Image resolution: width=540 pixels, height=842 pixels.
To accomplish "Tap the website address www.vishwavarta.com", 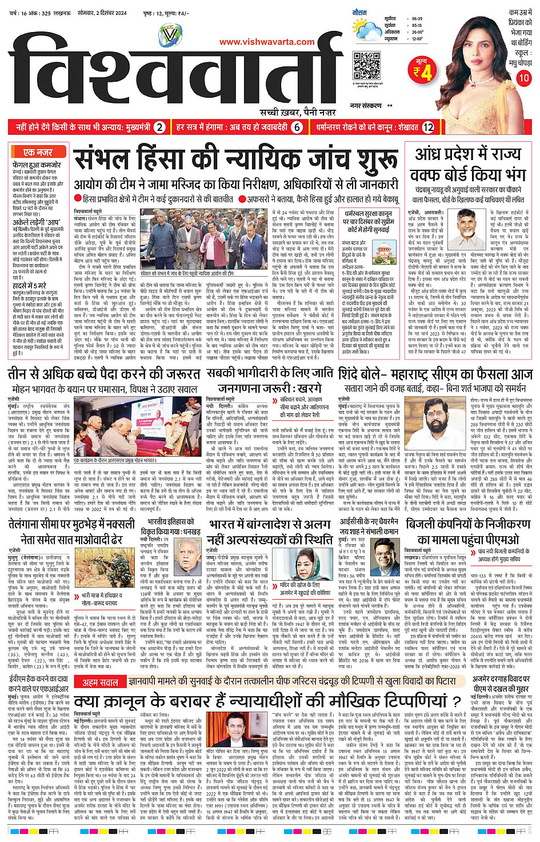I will point(267,42).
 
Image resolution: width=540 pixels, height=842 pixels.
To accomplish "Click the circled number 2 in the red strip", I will point(160,127).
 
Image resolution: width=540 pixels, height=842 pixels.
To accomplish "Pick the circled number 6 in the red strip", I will point(297,127).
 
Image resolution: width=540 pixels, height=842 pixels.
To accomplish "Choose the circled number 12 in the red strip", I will point(428,127).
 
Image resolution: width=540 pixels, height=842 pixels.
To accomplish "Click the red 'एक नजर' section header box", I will point(38,152).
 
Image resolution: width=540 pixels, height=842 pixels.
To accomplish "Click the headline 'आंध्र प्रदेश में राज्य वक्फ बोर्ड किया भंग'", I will point(470,163).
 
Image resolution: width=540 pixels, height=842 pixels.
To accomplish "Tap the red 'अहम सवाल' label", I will point(101,683).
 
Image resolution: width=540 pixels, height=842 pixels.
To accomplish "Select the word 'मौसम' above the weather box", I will point(360,12).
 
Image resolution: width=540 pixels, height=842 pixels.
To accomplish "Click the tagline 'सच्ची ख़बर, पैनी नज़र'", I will point(298,112).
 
